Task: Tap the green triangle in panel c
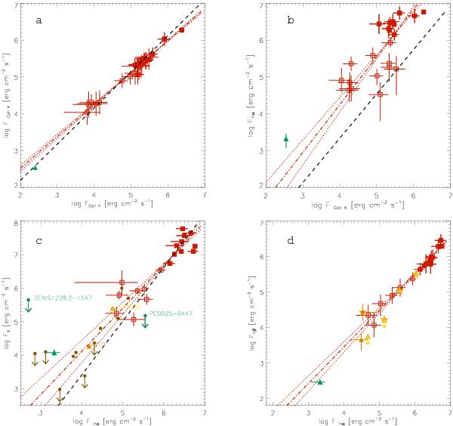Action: click(54, 353)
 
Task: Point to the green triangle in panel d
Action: click(320, 382)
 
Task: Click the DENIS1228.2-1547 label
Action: click(62, 298)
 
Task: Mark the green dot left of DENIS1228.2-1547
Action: click(28, 300)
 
